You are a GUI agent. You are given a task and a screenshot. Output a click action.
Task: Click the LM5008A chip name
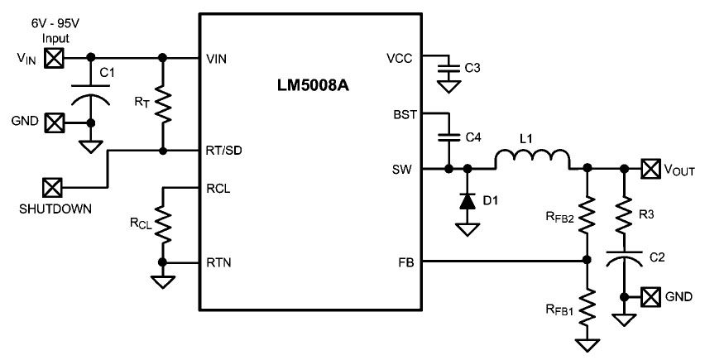click(313, 86)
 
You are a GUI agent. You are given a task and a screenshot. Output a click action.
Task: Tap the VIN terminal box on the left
click(54, 59)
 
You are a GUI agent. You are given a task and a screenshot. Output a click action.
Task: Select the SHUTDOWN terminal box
click(53, 187)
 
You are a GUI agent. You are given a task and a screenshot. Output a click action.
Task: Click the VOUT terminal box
click(651, 169)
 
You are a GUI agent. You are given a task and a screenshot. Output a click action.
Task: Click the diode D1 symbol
click(468, 201)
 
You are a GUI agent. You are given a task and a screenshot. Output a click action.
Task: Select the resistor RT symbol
click(163, 104)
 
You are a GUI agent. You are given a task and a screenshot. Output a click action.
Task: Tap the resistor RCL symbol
click(163, 223)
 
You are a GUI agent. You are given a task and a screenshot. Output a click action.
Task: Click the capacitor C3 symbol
click(448, 68)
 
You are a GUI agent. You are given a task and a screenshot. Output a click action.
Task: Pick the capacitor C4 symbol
click(448, 137)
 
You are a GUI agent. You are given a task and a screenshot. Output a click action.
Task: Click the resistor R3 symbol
click(624, 215)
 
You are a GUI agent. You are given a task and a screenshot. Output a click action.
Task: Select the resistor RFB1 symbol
click(587, 309)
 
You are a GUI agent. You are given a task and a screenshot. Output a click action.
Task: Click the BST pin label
click(405, 114)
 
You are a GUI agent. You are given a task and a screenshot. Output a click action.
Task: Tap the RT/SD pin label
click(224, 151)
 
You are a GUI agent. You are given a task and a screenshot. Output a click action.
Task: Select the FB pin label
click(406, 262)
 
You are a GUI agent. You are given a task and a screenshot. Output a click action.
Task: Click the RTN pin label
click(218, 262)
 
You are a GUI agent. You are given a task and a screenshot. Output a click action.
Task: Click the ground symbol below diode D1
click(468, 230)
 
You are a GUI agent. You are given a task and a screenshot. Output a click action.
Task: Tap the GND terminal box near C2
click(651, 296)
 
